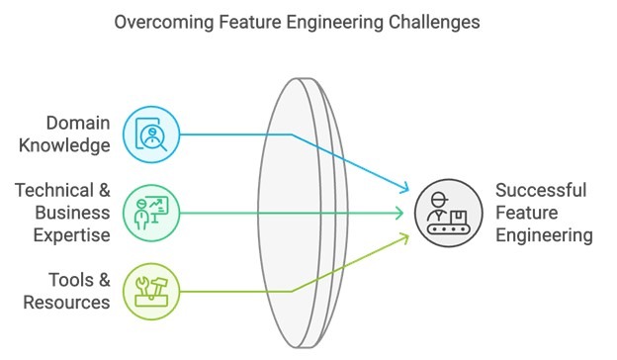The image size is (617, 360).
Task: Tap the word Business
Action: tap(72, 213)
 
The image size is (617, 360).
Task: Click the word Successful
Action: tap(541, 190)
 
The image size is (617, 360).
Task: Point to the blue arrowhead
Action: tap(403, 189)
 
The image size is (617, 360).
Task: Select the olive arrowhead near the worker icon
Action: tap(403, 236)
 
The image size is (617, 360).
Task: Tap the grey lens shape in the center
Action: tap(297, 213)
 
